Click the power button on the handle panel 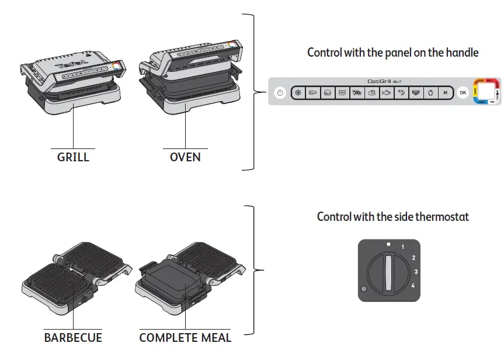280,92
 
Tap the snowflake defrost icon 298,92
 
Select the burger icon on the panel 328,92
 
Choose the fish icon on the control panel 385,92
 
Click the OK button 463,92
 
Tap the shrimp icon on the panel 400,92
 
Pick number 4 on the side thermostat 412,285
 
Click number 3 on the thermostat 415,272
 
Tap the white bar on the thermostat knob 388,272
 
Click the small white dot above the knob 388,242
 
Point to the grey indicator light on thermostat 364,289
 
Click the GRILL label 73,157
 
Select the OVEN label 185,157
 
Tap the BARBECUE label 73,338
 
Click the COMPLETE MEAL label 185,338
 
